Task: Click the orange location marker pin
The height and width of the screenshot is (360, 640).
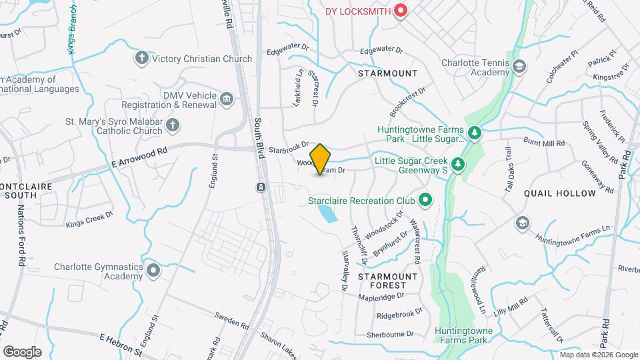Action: click(321, 159)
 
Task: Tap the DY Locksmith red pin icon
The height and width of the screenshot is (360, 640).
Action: click(401, 11)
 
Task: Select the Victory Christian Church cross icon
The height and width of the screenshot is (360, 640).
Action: click(141, 59)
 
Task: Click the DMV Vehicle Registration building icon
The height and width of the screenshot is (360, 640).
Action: click(227, 100)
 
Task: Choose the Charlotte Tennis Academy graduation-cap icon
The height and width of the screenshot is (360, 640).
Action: click(519, 67)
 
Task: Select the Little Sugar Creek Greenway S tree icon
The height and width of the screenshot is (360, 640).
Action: click(457, 164)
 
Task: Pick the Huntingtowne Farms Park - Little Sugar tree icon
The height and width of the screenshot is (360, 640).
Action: click(474, 134)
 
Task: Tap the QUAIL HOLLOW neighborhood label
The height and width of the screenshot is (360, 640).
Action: click(560, 193)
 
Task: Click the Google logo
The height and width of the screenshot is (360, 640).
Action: click(22, 351)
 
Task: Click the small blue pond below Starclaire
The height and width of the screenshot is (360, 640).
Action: click(327, 214)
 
